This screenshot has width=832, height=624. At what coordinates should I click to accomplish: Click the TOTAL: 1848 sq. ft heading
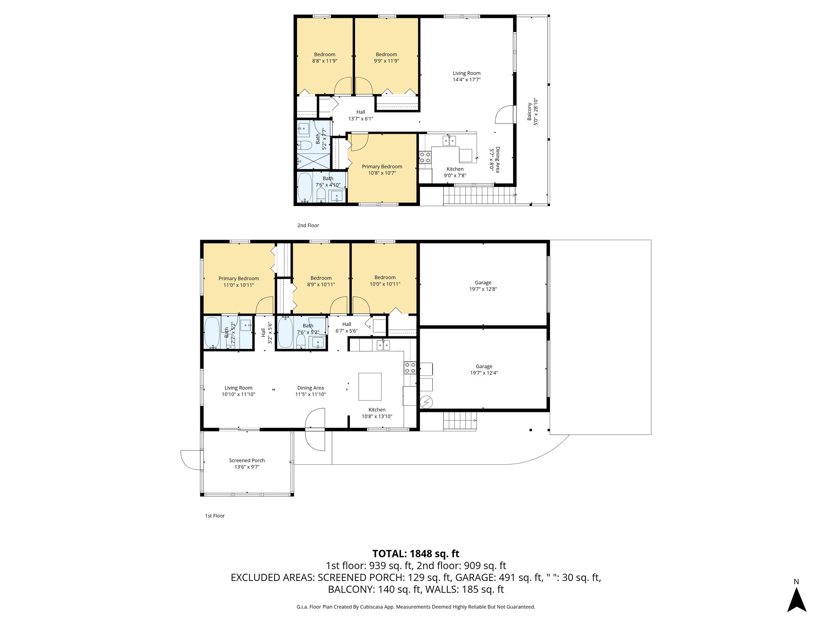tap(416, 554)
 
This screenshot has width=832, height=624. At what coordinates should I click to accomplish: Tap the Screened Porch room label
tap(247, 460)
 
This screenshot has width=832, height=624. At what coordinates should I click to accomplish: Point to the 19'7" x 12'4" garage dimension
tap(483, 373)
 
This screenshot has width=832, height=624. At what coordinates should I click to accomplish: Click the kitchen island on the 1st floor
tap(370, 387)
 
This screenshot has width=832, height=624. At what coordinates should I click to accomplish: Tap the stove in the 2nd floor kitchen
tap(425, 157)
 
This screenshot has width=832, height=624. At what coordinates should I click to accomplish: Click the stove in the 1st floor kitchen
tap(409, 368)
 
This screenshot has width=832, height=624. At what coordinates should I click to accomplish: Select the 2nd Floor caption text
tap(308, 225)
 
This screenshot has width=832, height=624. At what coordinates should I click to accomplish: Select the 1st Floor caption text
tap(214, 516)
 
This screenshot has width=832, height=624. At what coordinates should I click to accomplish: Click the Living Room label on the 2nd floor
tap(466, 73)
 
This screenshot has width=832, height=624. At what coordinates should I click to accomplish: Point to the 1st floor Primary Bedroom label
tap(238, 278)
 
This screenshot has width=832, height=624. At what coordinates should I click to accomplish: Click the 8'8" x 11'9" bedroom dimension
tap(324, 61)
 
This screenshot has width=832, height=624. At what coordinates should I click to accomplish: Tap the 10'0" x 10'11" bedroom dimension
tap(385, 284)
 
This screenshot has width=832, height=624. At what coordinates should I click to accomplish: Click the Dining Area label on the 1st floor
tap(310, 388)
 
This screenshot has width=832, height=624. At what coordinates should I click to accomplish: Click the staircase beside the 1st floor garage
tap(459, 420)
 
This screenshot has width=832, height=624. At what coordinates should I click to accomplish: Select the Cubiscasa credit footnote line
tap(416, 607)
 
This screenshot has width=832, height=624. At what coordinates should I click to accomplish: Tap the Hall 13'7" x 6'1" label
tap(360, 112)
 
